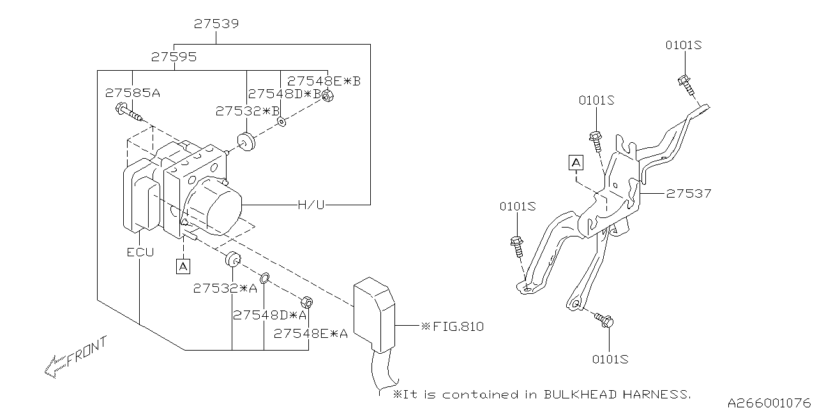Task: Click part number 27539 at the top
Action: (216, 24)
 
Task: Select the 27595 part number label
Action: (174, 57)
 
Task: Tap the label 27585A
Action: (132, 93)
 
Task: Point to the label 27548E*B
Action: (324, 81)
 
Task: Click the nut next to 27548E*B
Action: (327, 96)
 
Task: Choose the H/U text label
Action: (311, 205)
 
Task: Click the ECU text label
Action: (140, 252)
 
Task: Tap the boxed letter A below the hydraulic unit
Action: (183, 266)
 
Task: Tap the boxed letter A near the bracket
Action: (576, 163)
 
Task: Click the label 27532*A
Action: (225, 288)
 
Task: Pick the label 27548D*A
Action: (269, 315)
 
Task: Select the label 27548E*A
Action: (311, 333)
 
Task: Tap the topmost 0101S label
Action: (684, 45)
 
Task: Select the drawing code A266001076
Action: (769, 402)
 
